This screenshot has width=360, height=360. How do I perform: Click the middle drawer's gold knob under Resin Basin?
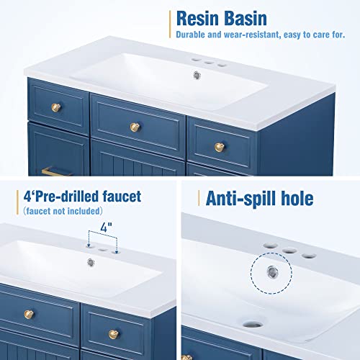coord(134,127)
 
